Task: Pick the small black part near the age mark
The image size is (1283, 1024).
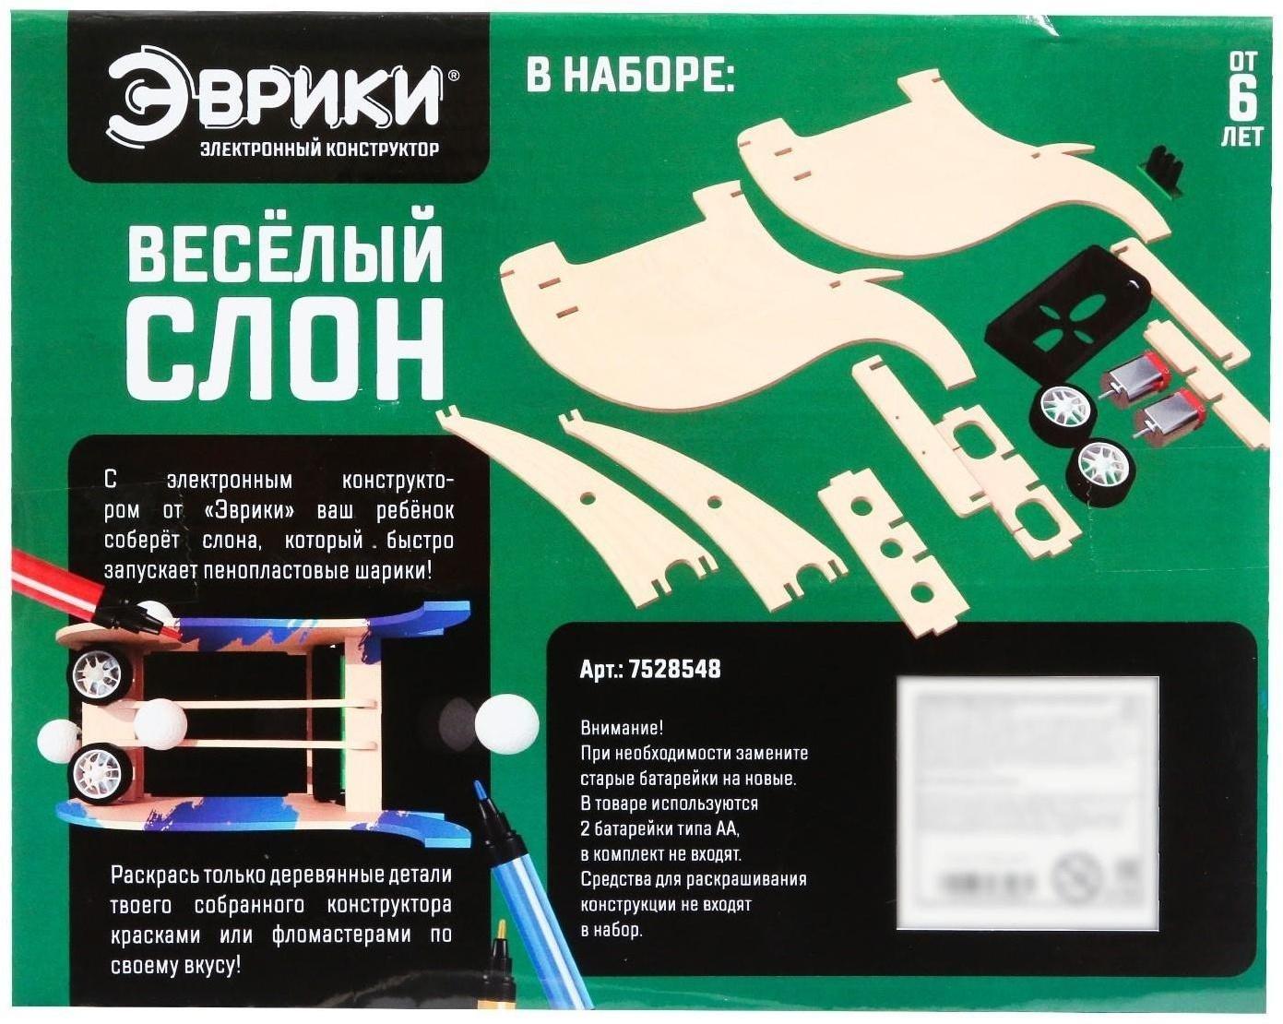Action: [x=1165, y=172]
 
